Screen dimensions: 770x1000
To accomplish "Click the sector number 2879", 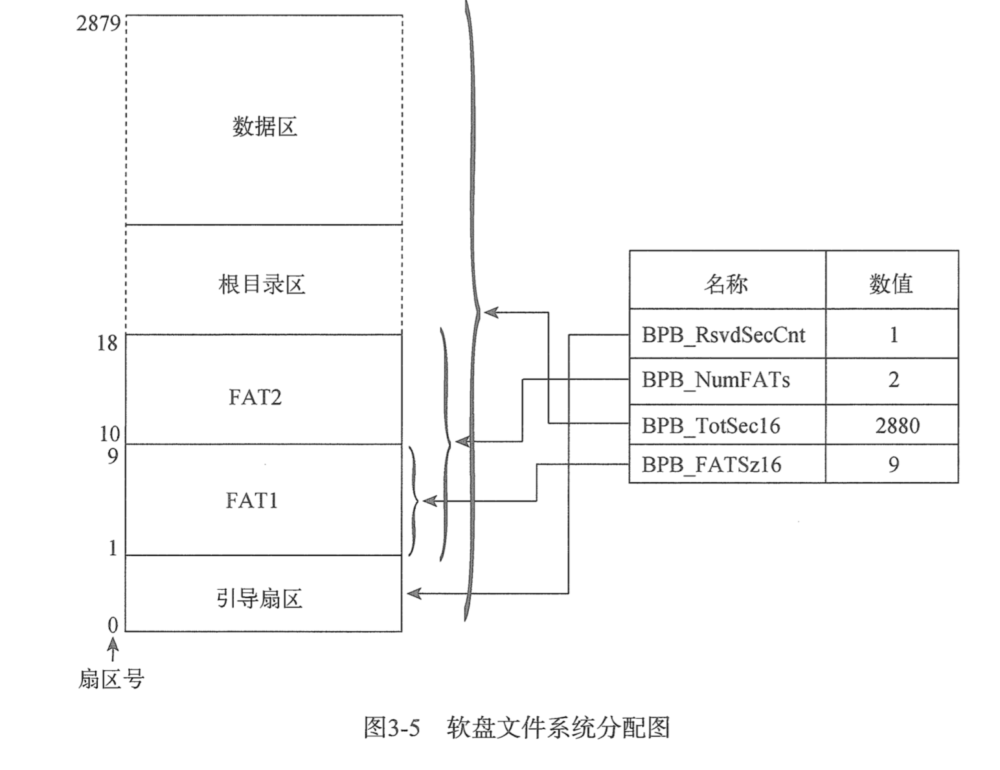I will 98,23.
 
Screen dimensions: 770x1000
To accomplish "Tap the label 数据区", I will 264,126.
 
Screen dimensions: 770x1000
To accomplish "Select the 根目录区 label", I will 262,284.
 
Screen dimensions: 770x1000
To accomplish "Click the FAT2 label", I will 255,397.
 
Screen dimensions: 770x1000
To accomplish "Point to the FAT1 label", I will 252,500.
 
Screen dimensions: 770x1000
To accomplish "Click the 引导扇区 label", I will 259,598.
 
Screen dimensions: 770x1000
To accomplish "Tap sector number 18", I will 108,343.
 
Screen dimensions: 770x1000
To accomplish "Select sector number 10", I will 109,434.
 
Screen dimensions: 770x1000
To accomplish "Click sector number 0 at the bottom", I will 113,625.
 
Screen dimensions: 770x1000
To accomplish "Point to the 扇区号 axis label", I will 111,679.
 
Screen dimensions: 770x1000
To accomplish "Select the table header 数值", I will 891,283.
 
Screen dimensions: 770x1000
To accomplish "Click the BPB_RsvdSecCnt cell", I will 723,335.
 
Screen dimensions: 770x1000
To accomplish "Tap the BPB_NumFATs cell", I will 716,380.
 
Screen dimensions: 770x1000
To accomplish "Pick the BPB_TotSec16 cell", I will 710,426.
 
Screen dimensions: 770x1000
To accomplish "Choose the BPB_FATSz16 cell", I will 711,465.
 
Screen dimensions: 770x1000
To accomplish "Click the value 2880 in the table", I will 897,426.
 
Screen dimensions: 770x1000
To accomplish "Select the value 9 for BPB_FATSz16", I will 894,465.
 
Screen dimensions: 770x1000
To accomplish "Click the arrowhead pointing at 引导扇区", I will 413,593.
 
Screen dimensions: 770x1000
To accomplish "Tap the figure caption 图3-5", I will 392,727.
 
